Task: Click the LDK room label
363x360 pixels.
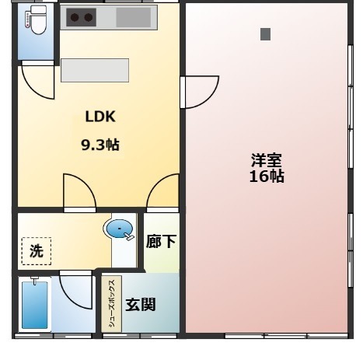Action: coord(99,117)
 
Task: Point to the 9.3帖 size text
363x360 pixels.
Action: coord(100,145)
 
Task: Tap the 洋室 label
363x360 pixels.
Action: coord(266,160)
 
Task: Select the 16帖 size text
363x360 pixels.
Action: coord(266,177)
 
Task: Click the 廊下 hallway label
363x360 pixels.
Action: coord(161,242)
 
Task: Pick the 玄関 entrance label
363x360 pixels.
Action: coord(141,304)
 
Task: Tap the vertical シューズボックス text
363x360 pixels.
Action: coord(111,305)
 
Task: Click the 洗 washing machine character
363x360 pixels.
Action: coord(36,251)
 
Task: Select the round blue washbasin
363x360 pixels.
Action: coord(118,229)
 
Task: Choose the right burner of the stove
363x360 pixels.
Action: coord(89,16)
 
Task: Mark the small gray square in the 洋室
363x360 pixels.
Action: coord(265,34)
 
